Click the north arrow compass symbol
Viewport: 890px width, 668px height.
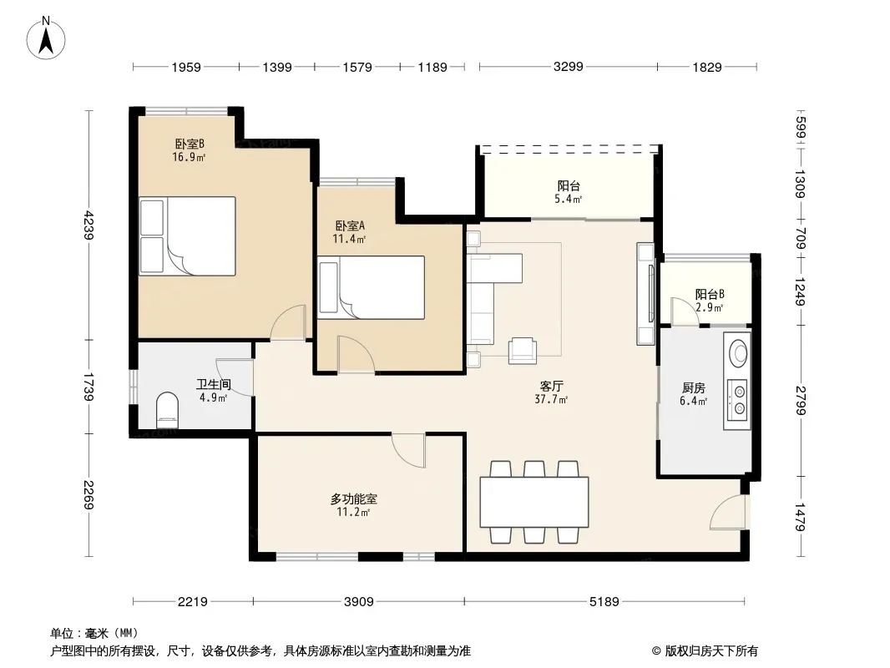tap(46, 38)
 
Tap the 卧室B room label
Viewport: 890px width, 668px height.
tap(190, 144)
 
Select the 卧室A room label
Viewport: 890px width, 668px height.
tap(350, 226)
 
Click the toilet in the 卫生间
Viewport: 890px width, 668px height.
tap(167, 410)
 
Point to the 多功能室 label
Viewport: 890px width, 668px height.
tap(354, 499)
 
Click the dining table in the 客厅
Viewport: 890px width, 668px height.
tap(534, 503)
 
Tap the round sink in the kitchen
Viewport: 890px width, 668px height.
tap(740, 353)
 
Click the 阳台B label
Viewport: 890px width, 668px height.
tap(710, 295)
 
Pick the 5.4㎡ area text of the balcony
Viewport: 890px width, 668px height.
tap(568, 200)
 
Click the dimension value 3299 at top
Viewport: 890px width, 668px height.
tap(569, 67)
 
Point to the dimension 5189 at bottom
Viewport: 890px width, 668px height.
tap(604, 601)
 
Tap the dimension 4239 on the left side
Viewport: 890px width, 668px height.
tap(88, 225)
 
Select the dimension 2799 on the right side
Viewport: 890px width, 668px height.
tap(801, 401)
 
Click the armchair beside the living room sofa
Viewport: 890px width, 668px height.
tap(522, 350)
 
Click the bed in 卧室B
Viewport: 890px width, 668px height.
tap(187, 236)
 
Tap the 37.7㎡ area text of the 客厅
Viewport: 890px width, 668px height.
tap(551, 400)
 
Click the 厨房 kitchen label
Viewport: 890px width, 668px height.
tap(694, 388)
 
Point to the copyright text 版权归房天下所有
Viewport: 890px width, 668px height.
tap(711, 651)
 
